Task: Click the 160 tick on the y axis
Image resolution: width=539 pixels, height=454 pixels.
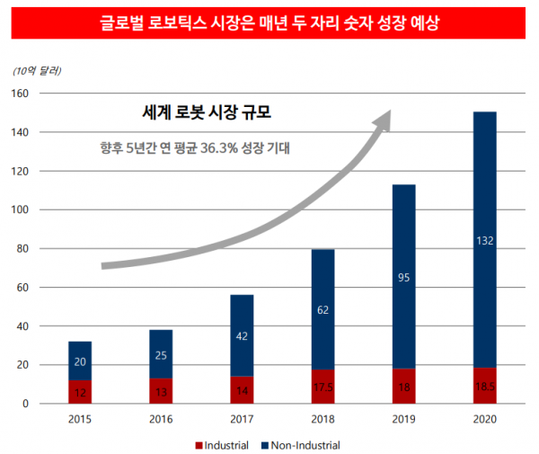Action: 21,93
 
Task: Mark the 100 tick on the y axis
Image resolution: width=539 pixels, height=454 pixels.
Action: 21,209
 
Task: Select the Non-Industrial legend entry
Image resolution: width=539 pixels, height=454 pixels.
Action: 303,445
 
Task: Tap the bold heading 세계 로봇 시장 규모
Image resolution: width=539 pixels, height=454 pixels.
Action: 207,114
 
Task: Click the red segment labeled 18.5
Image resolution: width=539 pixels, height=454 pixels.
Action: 484,387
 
